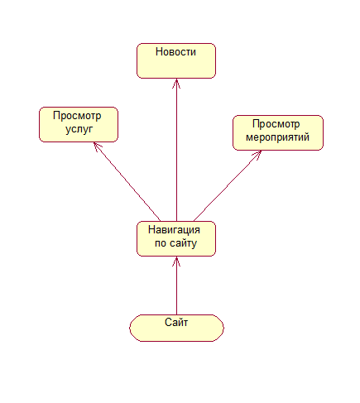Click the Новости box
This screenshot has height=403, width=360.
point(176,60)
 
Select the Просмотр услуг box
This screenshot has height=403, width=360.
point(79,125)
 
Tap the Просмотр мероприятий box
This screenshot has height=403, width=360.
point(278,133)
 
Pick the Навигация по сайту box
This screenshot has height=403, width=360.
point(176,238)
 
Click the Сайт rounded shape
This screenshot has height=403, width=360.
point(176,328)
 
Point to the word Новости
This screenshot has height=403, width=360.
point(175,52)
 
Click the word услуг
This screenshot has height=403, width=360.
point(79,129)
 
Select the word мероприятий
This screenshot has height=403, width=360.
point(277,137)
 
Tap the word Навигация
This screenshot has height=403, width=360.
point(174,230)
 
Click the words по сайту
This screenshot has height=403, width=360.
point(175,243)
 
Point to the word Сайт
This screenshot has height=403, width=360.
point(176,322)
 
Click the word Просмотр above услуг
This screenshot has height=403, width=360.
point(77,116)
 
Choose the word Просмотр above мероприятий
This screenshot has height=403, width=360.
point(276,124)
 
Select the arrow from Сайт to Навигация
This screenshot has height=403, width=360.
point(176,285)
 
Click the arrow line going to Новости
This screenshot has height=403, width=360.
point(176,150)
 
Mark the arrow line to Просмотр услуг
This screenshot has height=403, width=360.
point(127,182)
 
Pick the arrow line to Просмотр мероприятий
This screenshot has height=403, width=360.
point(228,186)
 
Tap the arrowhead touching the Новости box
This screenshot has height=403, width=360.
point(176,84)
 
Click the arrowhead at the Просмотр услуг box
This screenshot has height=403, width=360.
point(97,146)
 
